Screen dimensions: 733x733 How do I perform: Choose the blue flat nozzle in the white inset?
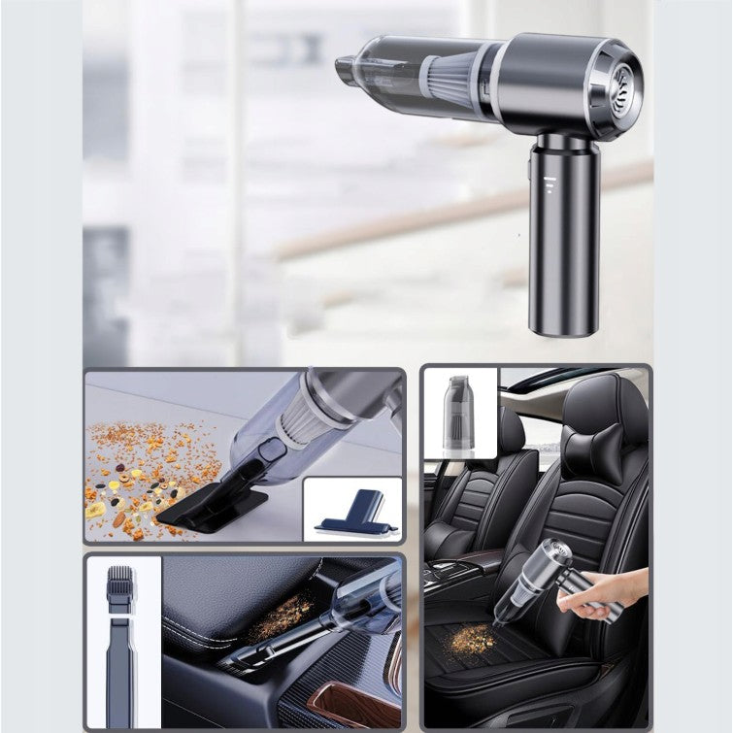[x=353, y=515]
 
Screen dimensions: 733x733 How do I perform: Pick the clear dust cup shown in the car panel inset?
[x=458, y=413]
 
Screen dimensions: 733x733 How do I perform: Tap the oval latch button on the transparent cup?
[x=272, y=450]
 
